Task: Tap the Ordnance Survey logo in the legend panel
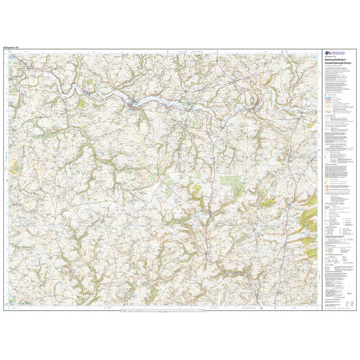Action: [328, 56]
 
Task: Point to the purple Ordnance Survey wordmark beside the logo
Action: [338, 56]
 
